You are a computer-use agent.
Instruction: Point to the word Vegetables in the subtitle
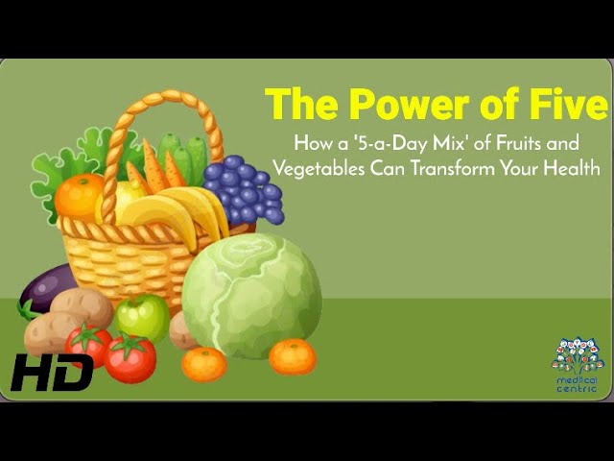tap(319, 169)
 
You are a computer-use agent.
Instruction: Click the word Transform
tap(453, 168)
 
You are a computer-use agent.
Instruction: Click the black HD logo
tap(52, 372)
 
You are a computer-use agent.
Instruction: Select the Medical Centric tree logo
tap(577, 365)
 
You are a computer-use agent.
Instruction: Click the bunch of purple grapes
tap(245, 190)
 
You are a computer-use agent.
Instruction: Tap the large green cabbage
tap(251, 296)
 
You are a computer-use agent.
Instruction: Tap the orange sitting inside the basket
tap(80, 196)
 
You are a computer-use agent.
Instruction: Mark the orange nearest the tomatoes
tap(204, 365)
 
